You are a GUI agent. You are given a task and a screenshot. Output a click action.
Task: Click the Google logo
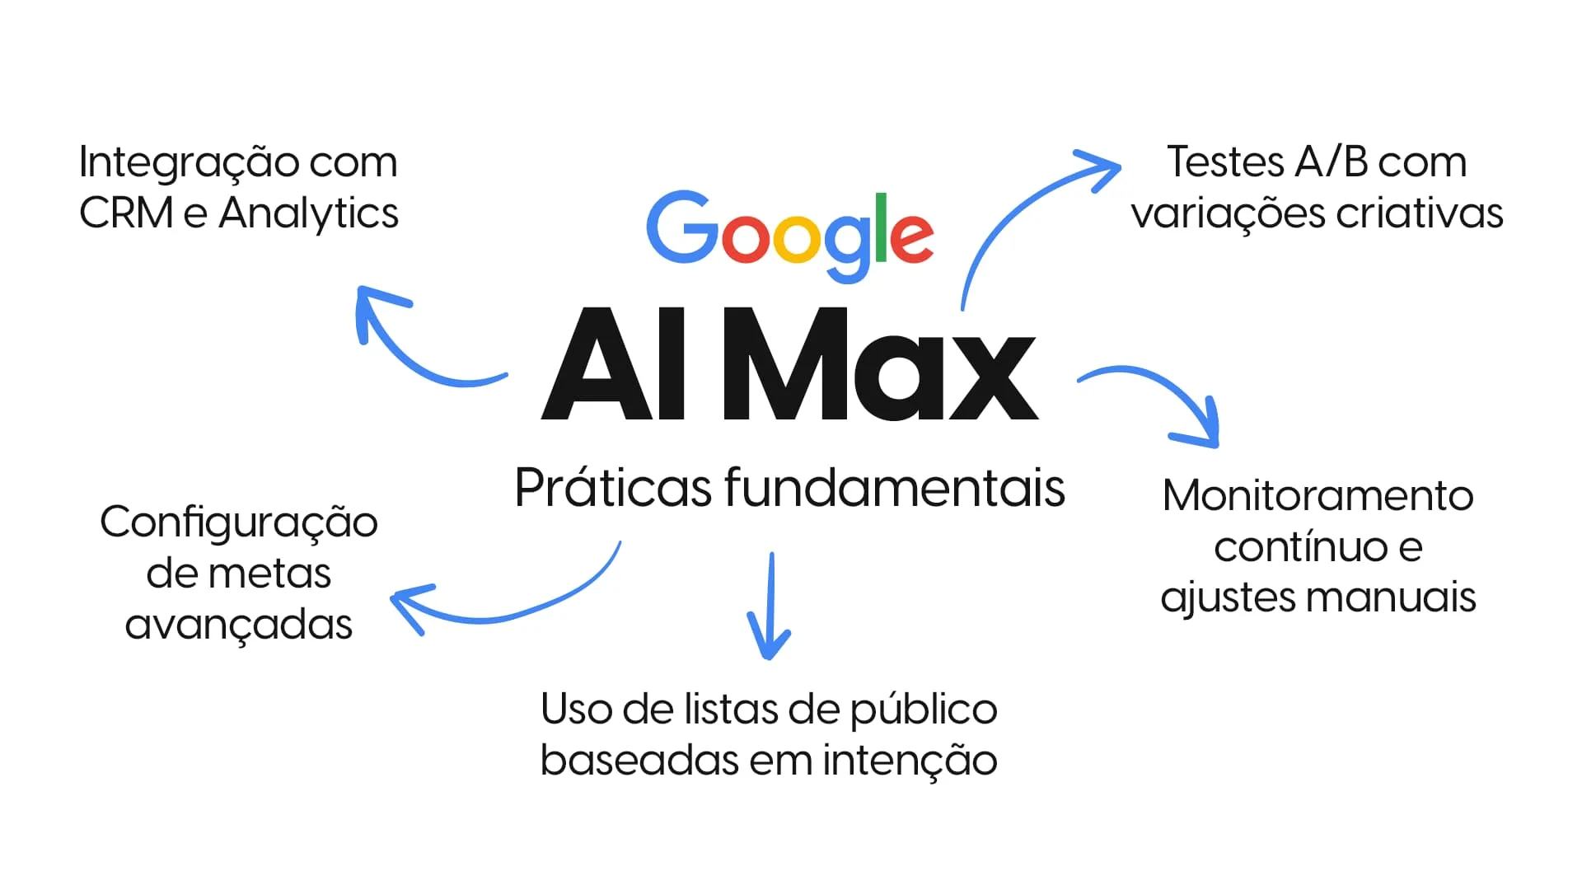tap(789, 233)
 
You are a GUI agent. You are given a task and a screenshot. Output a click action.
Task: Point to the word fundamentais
tap(895, 488)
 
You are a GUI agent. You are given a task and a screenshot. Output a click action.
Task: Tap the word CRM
tap(126, 213)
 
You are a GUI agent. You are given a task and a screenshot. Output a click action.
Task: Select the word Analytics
tap(308, 214)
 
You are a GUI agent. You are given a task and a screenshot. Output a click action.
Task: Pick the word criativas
tap(1419, 213)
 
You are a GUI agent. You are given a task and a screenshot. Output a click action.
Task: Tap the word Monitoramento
tap(1318, 496)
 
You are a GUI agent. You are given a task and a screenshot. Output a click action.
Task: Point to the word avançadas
tap(239, 625)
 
